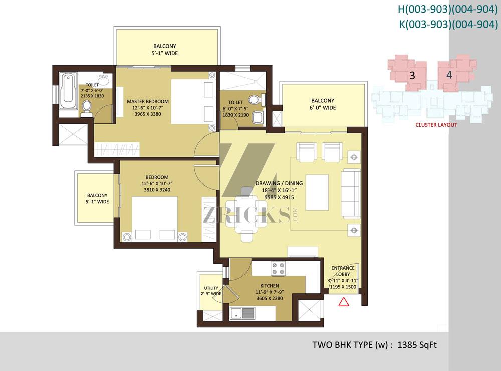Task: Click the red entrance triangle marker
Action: tap(344, 302)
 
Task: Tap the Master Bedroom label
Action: tap(148, 101)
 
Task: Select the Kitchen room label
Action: tap(270, 286)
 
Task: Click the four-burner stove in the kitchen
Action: tap(278, 268)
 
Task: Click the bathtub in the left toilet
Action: tap(68, 91)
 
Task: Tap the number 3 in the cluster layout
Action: tap(412, 75)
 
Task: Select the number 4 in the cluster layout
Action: tap(449, 75)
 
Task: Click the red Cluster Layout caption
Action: tap(436, 125)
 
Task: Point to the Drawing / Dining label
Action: tap(279, 183)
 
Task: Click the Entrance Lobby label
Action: tap(343, 271)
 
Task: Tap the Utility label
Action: tap(211, 288)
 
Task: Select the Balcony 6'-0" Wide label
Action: tap(323, 104)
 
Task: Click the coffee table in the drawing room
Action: tap(317, 193)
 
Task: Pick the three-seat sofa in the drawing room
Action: tap(351, 193)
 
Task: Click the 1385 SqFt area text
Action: tap(417, 345)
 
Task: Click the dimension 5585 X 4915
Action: tap(279, 197)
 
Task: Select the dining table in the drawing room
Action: tap(246, 214)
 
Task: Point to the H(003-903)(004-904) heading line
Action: tap(447, 9)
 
